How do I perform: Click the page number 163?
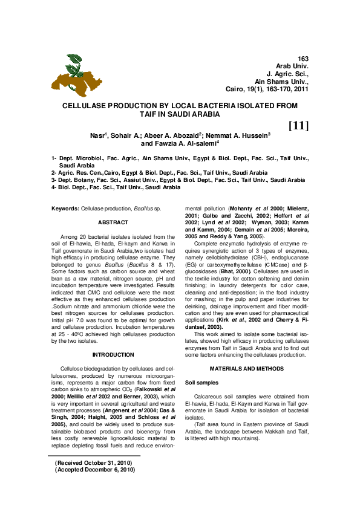pyautogui.click(x=303, y=58)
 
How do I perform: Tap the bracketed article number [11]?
pyautogui.click(x=298, y=126)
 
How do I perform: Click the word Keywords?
pyautogui.click(x=65, y=208)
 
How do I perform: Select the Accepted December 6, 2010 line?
pyautogui.click(x=94, y=469)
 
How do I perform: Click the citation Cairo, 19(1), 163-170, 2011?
pyautogui.click(x=267, y=89)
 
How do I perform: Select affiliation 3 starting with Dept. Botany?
pyautogui.click(x=178, y=180)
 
